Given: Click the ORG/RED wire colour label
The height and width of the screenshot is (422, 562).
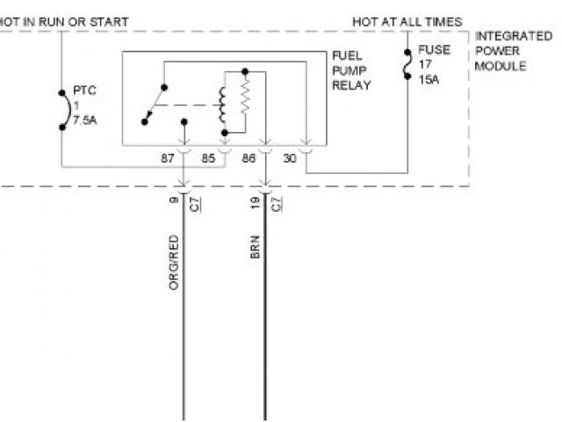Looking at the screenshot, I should click(x=174, y=262).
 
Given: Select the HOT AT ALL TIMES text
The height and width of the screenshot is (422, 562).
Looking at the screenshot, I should click(x=407, y=21).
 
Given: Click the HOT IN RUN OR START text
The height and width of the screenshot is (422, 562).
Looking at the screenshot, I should click(x=65, y=21).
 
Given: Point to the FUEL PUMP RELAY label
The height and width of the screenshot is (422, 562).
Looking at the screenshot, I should click(x=350, y=70).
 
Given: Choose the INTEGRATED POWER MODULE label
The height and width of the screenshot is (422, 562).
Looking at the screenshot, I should click(x=514, y=51).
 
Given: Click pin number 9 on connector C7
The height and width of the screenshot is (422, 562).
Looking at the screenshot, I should click(x=174, y=201).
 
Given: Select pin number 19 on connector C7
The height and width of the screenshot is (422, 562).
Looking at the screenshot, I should click(x=253, y=203).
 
